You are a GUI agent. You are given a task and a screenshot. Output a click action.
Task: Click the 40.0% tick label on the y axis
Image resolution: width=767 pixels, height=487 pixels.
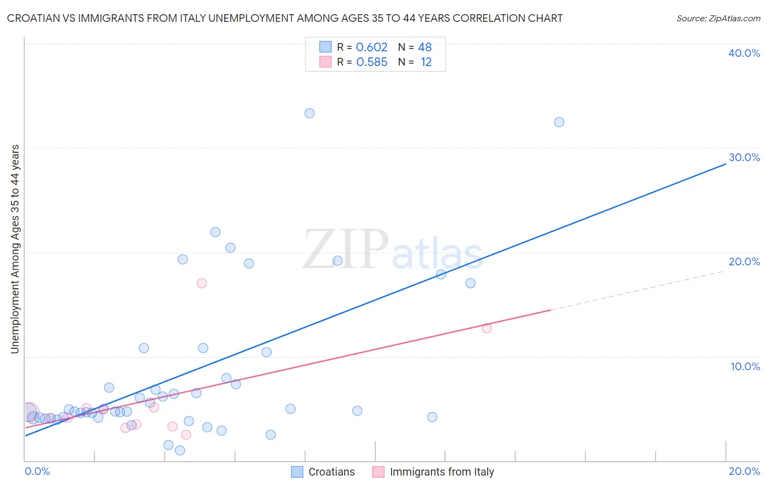click(x=744, y=53)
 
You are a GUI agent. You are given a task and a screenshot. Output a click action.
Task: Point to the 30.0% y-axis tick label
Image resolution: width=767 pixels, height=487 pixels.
click(x=744, y=157)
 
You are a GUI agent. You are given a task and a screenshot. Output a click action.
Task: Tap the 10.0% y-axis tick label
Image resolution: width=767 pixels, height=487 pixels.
click(x=745, y=366)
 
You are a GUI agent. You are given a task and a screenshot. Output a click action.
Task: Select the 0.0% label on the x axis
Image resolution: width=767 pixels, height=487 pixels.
click(x=38, y=471)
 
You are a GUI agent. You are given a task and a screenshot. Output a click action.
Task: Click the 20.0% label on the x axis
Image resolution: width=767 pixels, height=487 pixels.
click(x=744, y=471)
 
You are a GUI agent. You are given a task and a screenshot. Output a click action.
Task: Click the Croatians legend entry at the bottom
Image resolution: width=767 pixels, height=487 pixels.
click(x=323, y=472)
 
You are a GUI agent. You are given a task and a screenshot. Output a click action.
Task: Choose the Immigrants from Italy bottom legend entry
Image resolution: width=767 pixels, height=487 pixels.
click(x=433, y=472)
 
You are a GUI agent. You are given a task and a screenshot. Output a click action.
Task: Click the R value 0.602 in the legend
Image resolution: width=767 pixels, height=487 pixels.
click(x=371, y=47)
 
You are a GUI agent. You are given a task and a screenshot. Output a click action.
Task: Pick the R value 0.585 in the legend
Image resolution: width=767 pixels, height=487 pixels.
click(x=371, y=62)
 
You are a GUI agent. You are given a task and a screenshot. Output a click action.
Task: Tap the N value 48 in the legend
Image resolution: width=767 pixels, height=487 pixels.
click(x=424, y=47)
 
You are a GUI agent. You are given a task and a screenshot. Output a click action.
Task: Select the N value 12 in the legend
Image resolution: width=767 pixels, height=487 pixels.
click(x=426, y=62)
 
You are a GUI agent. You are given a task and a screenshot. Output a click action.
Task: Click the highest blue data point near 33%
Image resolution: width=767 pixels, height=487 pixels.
click(x=309, y=114)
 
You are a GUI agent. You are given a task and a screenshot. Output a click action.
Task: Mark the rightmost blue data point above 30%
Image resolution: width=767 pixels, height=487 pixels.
click(x=559, y=122)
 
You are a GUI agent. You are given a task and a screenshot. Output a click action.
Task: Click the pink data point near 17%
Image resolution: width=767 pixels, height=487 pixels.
click(x=202, y=283)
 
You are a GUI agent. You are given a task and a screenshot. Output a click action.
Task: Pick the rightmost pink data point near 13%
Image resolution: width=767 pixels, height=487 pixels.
click(x=487, y=328)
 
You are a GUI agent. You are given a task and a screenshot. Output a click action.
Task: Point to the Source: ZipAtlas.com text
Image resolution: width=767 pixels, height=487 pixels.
click(x=718, y=19)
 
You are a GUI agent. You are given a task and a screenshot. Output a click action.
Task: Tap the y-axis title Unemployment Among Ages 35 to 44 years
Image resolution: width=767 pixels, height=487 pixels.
click(x=15, y=249)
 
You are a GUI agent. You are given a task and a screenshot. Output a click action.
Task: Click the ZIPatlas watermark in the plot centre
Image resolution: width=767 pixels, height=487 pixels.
click(x=393, y=250)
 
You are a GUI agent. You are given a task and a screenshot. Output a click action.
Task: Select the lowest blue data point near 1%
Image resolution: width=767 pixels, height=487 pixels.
click(x=180, y=450)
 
